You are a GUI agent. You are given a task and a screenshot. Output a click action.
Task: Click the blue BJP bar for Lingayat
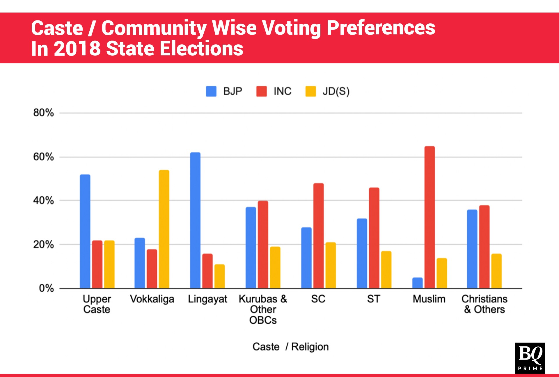tap(195, 220)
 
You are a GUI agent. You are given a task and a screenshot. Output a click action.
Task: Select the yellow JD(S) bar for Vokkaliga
tap(164, 229)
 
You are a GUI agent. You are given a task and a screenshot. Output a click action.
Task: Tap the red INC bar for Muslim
tap(430, 217)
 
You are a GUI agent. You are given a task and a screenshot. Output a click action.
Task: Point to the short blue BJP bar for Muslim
tap(417, 283)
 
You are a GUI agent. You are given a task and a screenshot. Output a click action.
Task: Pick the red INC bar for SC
tap(318, 236)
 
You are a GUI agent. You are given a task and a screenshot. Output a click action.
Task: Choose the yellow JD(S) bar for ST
tap(386, 270)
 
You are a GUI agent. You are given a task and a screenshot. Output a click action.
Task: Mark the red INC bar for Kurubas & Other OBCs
tap(263, 244)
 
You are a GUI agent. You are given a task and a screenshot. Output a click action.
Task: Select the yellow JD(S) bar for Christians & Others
tap(496, 271)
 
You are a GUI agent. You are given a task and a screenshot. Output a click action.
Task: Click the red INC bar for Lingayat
tap(207, 271)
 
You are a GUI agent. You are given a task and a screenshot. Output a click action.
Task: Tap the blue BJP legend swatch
tap(211, 91)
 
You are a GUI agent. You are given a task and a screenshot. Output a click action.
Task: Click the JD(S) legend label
tap(336, 91)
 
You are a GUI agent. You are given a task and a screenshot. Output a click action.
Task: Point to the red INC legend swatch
tap(261, 91)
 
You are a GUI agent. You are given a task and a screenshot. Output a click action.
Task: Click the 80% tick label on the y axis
tap(43, 113)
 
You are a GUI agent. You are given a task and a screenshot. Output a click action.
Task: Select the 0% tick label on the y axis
tap(46, 288)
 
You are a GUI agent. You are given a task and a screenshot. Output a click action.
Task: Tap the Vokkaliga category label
tap(152, 299)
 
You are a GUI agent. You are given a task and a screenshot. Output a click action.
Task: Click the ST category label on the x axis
tap(374, 299)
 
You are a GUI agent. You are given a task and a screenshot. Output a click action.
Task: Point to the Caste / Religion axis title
tap(290, 347)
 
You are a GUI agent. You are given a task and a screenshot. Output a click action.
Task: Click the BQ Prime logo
tap(530, 358)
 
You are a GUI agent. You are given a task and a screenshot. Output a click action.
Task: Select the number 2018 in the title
tap(77, 48)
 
